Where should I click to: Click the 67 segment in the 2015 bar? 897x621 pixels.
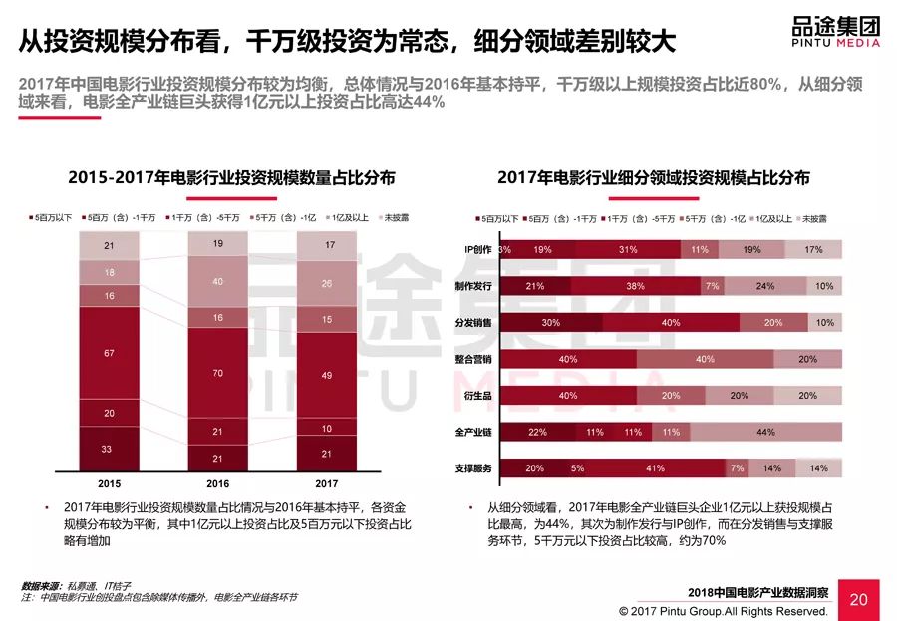(x=107, y=352)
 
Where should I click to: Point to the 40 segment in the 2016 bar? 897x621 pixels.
(x=217, y=282)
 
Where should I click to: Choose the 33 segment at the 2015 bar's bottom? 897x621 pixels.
(x=107, y=449)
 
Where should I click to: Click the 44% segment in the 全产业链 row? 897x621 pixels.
(x=765, y=432)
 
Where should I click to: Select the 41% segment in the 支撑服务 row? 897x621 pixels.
(x=654, y=467)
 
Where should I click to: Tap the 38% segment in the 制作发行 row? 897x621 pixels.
(x=635, y=286)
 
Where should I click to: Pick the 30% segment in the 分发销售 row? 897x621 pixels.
(x=549, y=323)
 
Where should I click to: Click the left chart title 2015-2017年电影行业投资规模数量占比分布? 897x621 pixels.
(x=231, y=178)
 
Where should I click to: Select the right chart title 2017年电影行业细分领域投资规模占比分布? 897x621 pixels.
(x=654, y=178)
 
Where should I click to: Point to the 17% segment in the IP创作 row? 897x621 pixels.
(x=812, y=250)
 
